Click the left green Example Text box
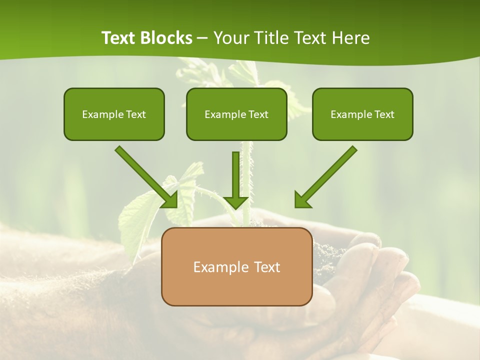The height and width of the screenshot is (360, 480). [x=114, y=114]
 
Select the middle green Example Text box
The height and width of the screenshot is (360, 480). [x=236, y=114]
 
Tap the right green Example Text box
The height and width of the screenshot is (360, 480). [x=362, y=114]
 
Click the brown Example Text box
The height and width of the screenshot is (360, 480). [x=236, y=266]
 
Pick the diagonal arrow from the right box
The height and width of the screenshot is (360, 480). [x=330, y=173]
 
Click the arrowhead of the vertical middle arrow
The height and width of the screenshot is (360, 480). [x=236, y=202]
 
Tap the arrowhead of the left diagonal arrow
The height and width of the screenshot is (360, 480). [x=171, y=200]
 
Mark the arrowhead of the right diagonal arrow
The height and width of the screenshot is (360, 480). [x=301, y=200]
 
